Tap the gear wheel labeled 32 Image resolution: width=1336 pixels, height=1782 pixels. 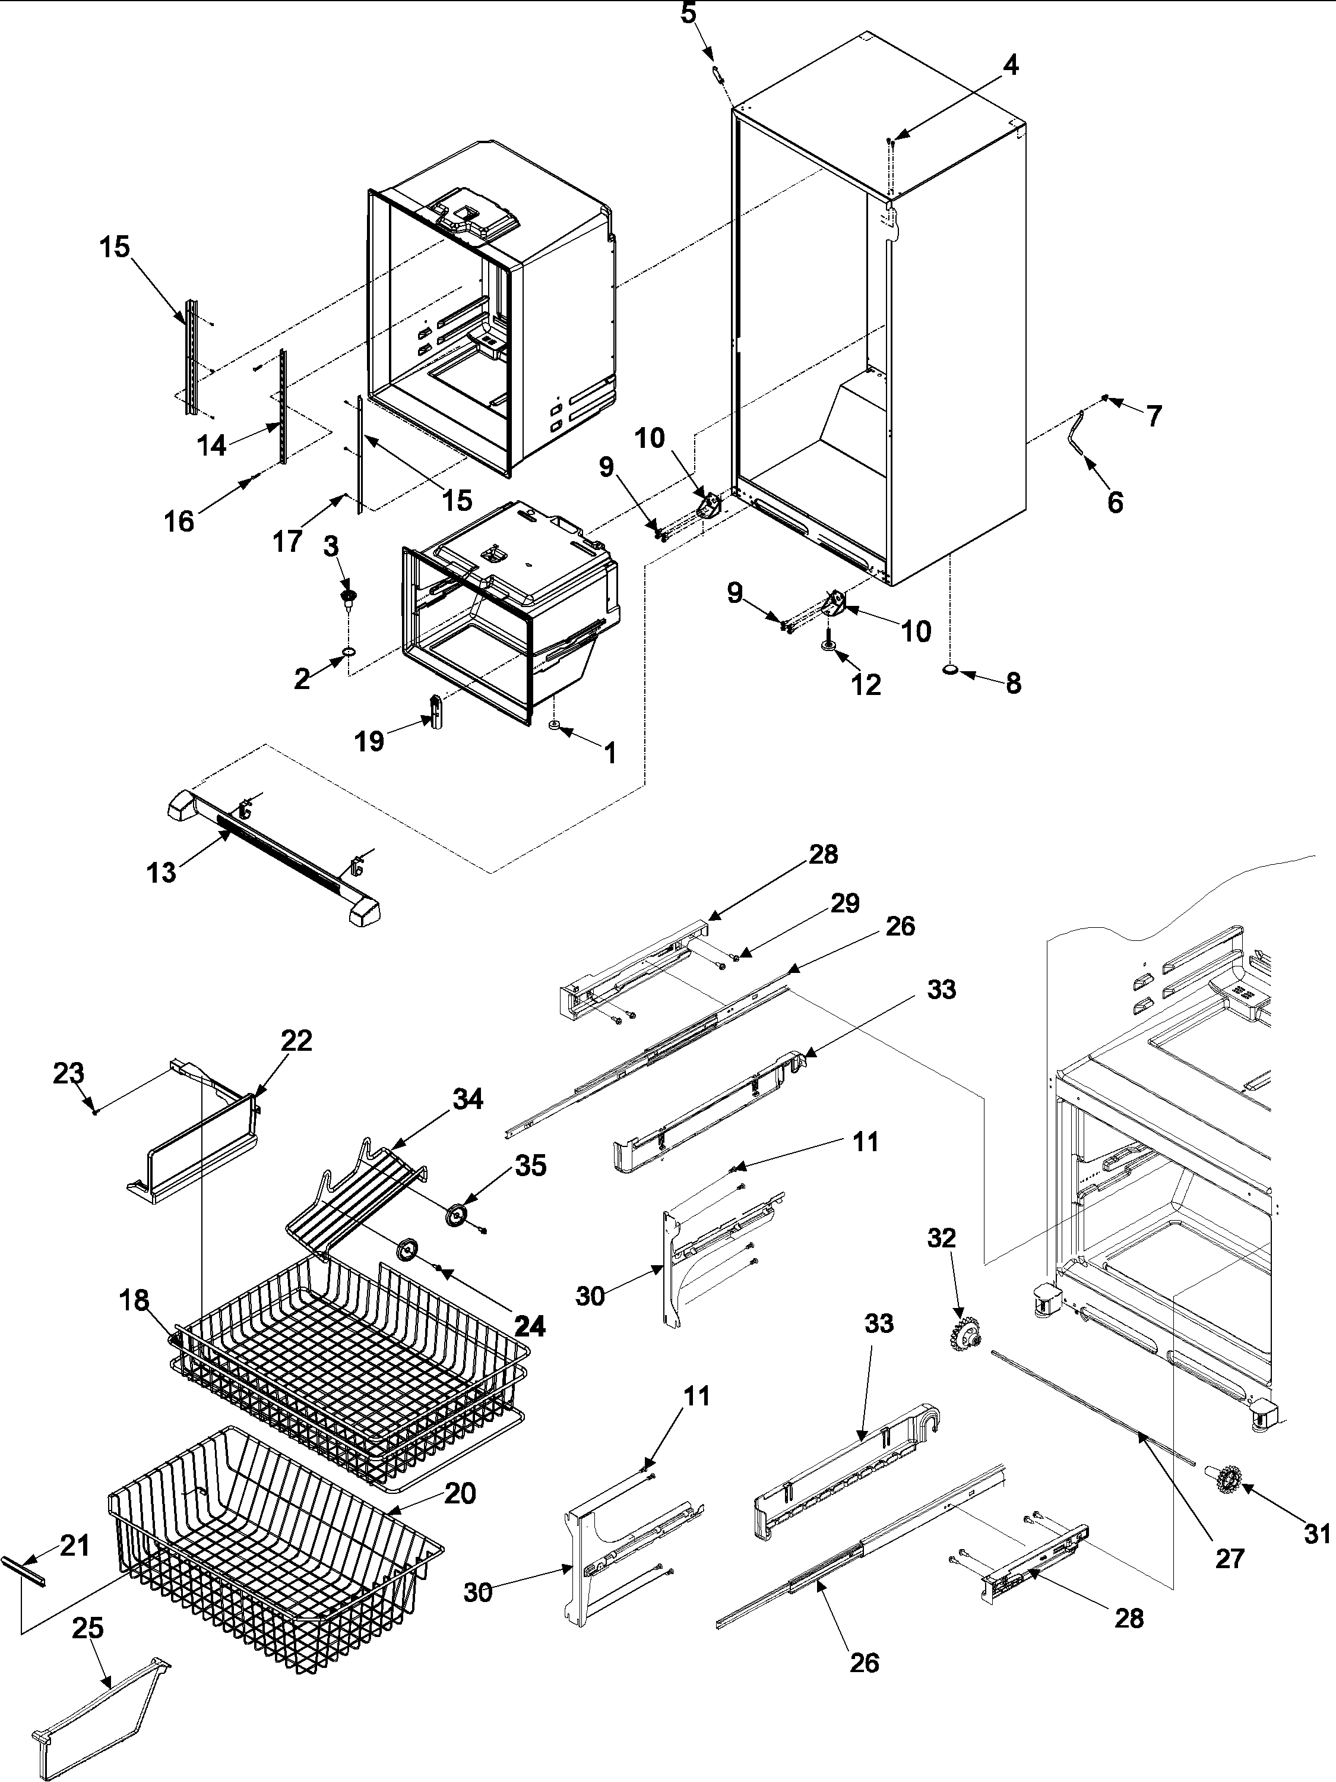point(964,1336)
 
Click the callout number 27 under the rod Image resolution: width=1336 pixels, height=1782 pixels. point(1230,1558)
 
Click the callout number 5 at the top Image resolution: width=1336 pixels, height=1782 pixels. point(689,13)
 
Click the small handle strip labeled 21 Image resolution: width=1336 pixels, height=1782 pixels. point(23,1572)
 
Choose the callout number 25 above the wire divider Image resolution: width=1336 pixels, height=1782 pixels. point(88,1628)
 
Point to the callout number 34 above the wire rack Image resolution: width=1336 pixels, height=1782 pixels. point(467,1099)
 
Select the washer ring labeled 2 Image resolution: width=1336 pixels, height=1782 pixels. point(349,650)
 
